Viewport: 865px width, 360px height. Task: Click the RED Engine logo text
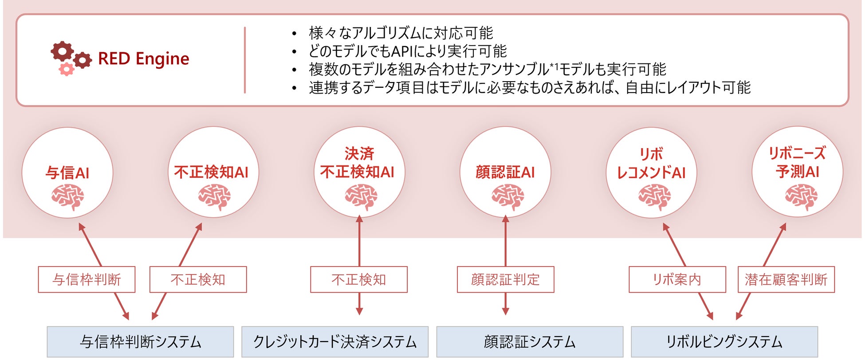click(x=143, y=59)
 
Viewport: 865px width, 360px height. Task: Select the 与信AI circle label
click(x=67, y=172)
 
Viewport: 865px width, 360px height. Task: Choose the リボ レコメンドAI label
click(x=651, y=164)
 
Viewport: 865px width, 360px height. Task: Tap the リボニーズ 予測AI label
click(x=797, y=162)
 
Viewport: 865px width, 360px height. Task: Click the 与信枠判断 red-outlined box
click(x=86, y=279)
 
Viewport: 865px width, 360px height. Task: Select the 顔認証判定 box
click(x=505, y=279)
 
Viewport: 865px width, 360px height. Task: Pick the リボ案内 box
click(x=677, y=279)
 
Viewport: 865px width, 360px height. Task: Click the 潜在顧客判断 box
click(x=786, y=279)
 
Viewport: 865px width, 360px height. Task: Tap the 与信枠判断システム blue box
click(x=140, y=342)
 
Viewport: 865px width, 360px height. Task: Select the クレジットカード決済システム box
click(x=335, y=342)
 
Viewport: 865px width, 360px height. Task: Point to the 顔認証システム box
click(x=530, y=342)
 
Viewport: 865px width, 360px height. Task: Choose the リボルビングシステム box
click(x=724, y=342)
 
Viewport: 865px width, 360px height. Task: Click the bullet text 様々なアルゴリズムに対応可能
click(x=401, y=33)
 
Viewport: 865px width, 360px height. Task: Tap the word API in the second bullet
click(x=402, y=51)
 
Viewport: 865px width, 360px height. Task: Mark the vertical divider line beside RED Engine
click(x=245, y=60)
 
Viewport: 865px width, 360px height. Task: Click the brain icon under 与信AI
click(x=67, y=197)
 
